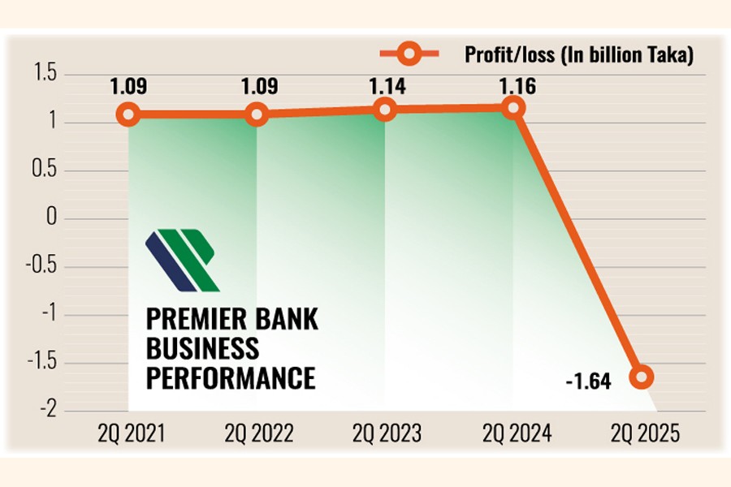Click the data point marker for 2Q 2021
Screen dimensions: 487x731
coord(128,114)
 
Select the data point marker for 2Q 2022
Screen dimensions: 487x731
coord(257,114)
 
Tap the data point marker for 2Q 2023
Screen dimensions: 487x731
coord(386,109)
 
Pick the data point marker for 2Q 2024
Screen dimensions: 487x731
coord(513,107)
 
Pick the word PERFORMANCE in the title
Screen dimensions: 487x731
coord(230,378)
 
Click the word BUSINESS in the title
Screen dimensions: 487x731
coord(202,348)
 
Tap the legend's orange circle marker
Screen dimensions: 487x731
coord(409,54)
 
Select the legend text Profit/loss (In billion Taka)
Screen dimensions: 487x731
coord(579,55)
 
